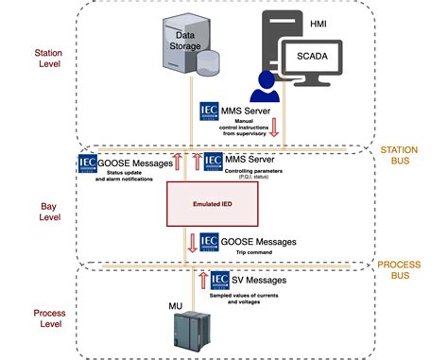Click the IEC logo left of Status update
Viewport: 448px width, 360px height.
(88, 163)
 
